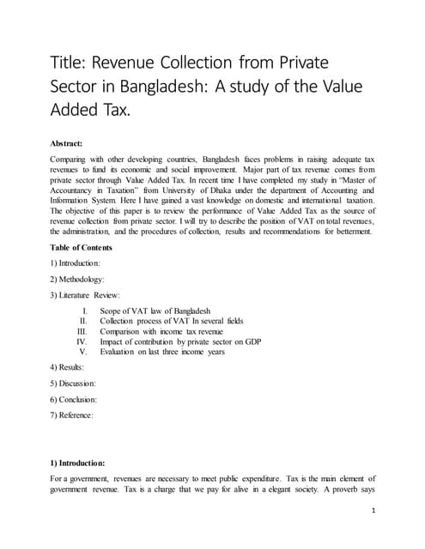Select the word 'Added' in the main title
pyautogui.click(x=85, y=111)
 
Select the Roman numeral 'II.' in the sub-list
pyautogui.click(x=84, y=320)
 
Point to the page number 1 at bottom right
pyautogui.click(x=375, y=510)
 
